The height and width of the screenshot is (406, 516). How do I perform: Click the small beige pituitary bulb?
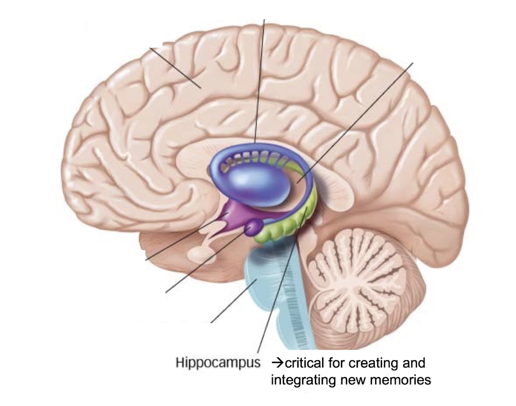tap(200, 255)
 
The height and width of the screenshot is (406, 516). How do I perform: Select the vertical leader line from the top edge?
tap(260, 78)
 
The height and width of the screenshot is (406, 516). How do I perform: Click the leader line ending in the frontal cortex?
tap(175, 68)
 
